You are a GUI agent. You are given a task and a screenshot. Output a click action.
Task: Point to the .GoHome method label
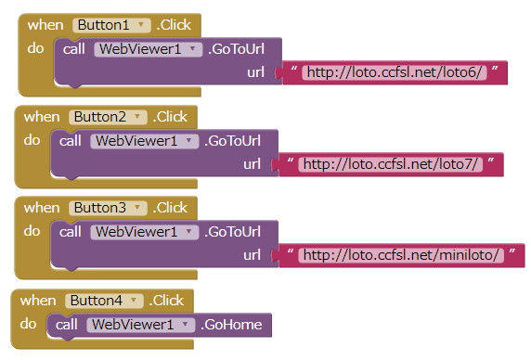point(231,325)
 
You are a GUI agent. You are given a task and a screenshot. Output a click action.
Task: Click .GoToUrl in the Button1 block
point(238,49)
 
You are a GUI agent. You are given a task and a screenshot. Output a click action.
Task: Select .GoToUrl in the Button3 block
point(234,231)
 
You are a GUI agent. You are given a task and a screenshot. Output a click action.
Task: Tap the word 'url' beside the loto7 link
point(252,163)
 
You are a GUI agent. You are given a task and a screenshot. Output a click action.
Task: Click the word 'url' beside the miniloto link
point(252,254)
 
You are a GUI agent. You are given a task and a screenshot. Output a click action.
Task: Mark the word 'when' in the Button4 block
point(37,301)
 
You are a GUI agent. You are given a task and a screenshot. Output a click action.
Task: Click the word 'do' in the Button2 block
point(32,139)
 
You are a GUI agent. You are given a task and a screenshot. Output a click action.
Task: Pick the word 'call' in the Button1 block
point(75,49)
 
